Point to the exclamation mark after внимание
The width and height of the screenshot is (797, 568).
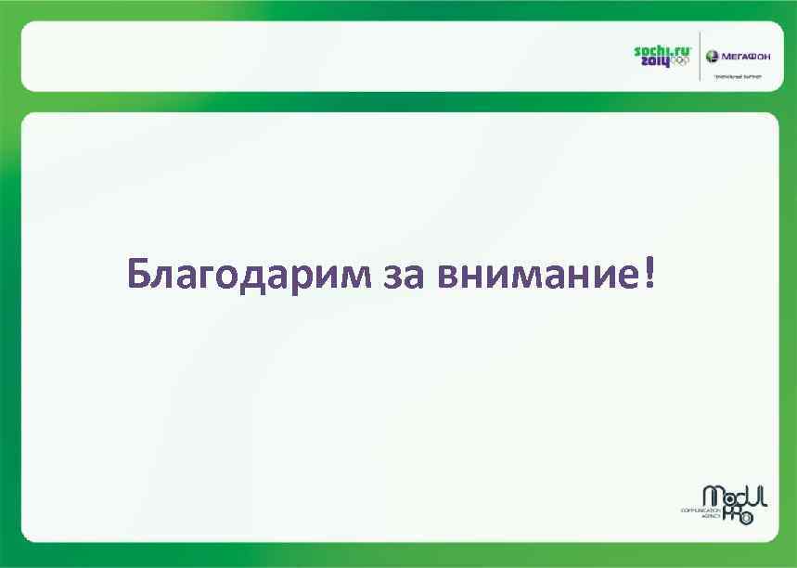646,272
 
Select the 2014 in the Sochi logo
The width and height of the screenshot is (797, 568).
652,60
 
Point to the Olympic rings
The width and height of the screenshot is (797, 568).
680,61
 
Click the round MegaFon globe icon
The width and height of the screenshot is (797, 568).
713,56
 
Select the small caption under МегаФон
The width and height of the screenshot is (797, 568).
737,78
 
